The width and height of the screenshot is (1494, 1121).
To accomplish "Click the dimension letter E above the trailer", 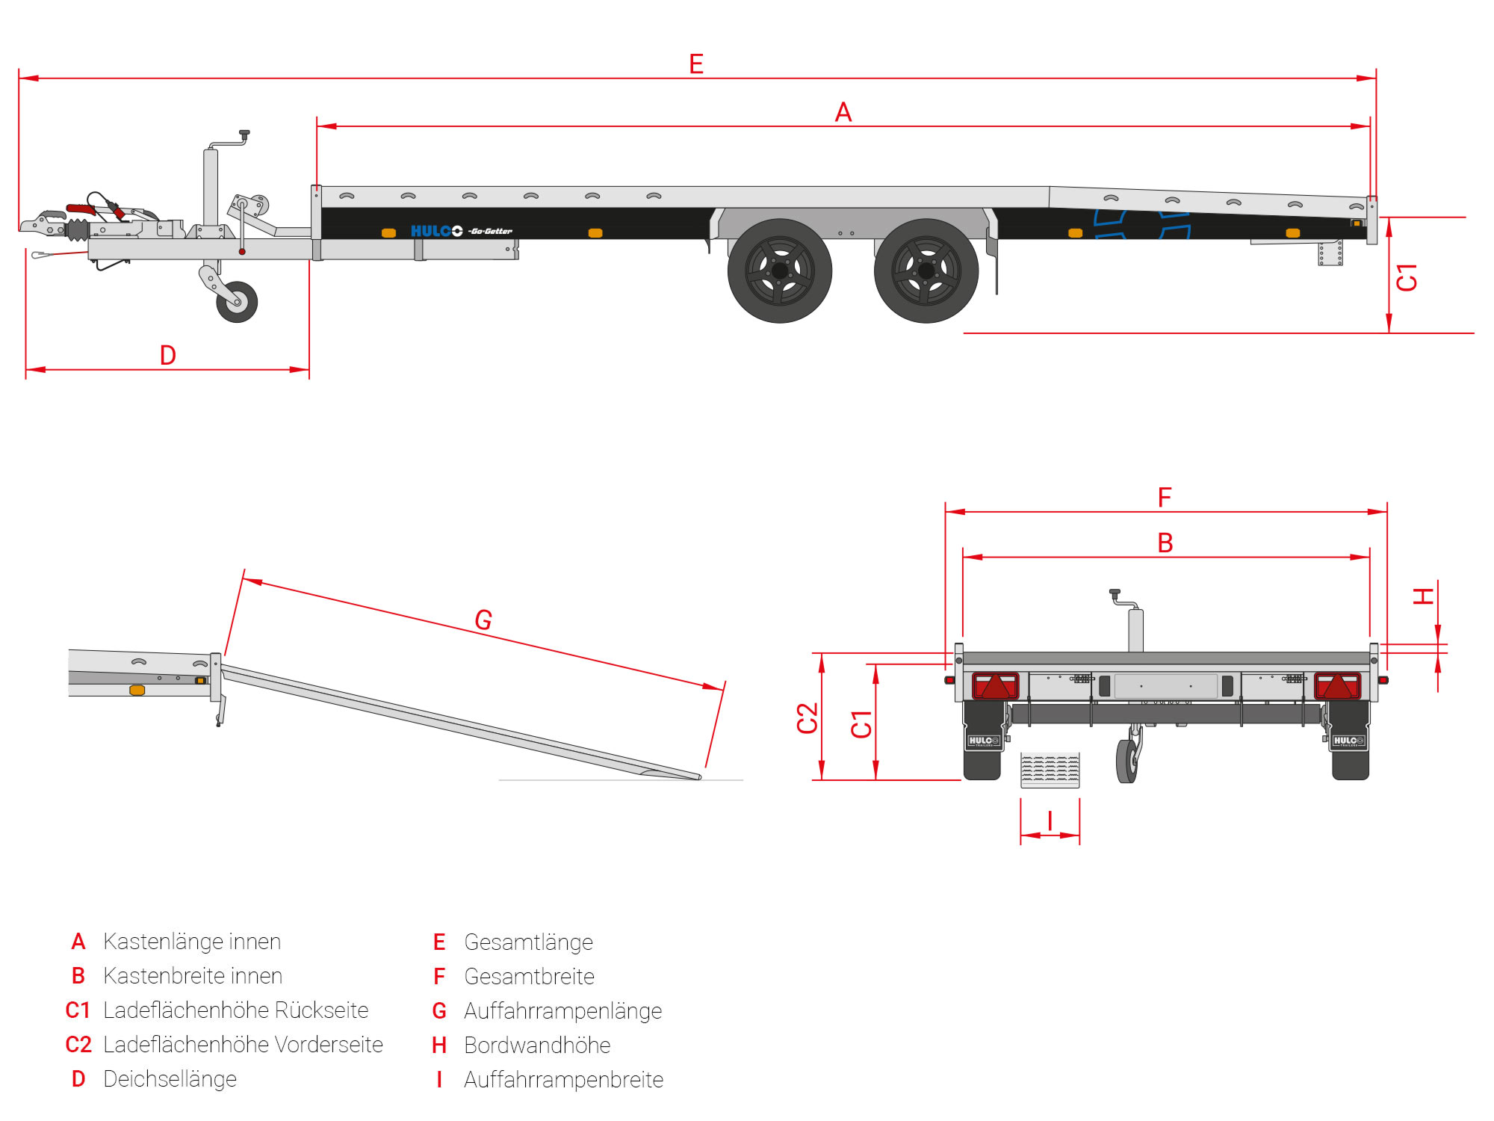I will (696, 64).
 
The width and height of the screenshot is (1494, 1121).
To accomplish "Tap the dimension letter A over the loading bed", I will (843, 113).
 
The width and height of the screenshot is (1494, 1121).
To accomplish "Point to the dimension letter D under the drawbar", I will (168, 356).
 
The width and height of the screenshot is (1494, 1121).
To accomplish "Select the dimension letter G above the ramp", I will (483, 620).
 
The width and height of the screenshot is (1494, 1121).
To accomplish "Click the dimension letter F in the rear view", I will (1165, 498).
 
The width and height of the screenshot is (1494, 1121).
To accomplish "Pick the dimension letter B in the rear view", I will (1165, 543).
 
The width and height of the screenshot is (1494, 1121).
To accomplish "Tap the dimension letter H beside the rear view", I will (1424, 596).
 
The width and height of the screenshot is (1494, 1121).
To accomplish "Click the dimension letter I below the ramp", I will (1050, 821).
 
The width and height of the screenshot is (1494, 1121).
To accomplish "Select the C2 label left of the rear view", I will (808, 718).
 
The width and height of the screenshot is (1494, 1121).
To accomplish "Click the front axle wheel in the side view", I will (780, 271).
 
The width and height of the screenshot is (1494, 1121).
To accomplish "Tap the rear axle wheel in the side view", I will (926, 271).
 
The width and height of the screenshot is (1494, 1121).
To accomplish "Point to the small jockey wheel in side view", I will (237, 302).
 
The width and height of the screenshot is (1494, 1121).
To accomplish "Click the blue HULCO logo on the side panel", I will (436, 231).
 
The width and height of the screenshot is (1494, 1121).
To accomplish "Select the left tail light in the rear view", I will (995, 685).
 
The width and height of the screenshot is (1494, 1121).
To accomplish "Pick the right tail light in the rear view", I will (1337, 685).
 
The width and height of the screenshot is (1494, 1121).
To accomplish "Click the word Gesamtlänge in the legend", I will (528, 942).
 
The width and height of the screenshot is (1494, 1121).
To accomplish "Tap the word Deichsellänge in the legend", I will (170, 1079).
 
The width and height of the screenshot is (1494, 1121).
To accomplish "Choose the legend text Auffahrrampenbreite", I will (563, 1080).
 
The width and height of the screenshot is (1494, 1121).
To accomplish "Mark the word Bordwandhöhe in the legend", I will (537, 1046).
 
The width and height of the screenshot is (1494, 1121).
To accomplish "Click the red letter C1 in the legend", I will (78, 1010).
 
